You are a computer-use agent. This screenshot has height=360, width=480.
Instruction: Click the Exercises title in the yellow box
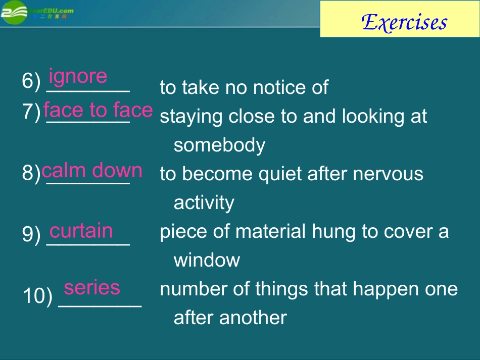pos(405,22)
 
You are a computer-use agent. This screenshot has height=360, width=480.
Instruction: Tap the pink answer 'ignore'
pos(78,76)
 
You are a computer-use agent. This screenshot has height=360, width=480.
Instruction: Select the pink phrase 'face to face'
pos(98,110)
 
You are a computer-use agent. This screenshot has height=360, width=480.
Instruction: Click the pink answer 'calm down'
pos(92,171)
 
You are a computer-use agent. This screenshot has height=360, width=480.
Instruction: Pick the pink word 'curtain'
pos(81,231)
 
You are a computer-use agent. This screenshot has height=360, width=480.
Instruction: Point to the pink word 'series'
pos(92,287)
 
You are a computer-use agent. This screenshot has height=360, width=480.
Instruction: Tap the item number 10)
pos(37,297)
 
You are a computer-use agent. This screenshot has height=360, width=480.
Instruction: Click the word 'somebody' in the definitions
pos(219,145)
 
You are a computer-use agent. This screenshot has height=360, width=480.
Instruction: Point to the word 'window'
pos(207,261)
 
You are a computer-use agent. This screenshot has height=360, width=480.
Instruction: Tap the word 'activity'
pos(204,203)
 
